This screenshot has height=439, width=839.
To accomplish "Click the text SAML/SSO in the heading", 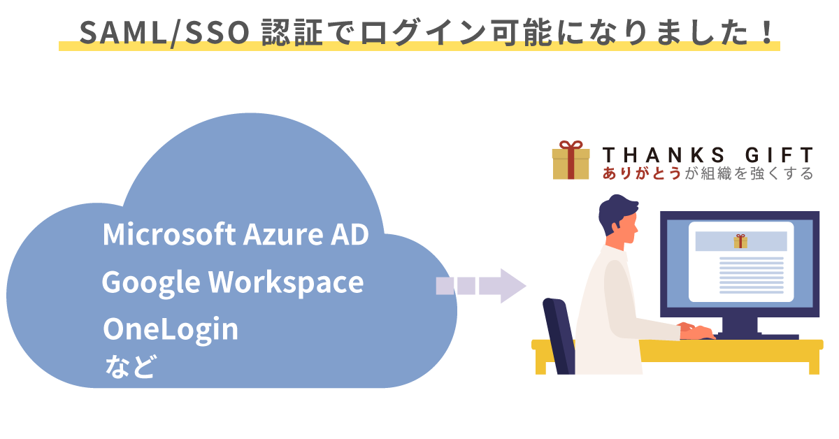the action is click(x=165, y=32).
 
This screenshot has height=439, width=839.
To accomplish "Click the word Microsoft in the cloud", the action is click(x=168, y=235).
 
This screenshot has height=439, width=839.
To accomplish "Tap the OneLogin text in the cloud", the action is click(x=171, y=330).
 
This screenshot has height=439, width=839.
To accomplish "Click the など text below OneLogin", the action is click(x=129, y=366).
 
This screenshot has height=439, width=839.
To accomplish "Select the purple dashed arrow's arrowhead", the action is click(x=513, y=285).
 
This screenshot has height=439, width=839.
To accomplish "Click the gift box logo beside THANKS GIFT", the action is click(x=571, y=160).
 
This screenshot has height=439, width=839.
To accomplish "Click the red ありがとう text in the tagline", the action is click(x=641, y=174).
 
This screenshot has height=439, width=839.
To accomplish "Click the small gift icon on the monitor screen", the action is click(x=740, y=241).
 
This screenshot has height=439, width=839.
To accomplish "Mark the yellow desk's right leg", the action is click(x=813, y=362).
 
